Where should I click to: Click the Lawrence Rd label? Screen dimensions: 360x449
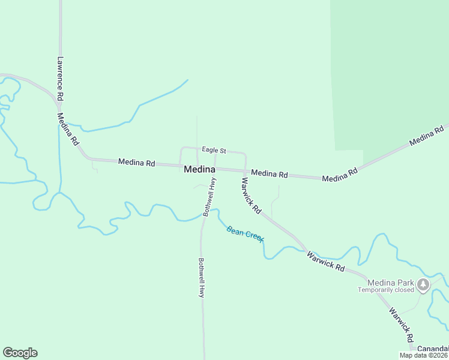(60, 78)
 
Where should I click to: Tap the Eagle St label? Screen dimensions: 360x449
(214, 150)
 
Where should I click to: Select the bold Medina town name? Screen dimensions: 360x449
(200, 169)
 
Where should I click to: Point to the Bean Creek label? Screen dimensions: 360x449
(245, 234)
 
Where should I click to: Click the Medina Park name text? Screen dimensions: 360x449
(387, 283)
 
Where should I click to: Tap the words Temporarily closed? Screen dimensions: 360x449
(387, 290)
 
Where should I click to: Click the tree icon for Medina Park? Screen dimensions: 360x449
(424, 284)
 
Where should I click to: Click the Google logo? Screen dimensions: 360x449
(20, 353)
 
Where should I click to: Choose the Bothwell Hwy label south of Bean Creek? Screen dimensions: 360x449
(202, 278)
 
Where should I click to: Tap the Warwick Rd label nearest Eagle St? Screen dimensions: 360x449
(251, 195)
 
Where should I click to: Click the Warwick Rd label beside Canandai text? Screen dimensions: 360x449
(401, 325)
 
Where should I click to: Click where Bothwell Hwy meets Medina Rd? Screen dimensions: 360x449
(215, 169)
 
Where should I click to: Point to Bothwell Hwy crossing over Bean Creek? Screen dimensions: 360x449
(205, 212)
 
